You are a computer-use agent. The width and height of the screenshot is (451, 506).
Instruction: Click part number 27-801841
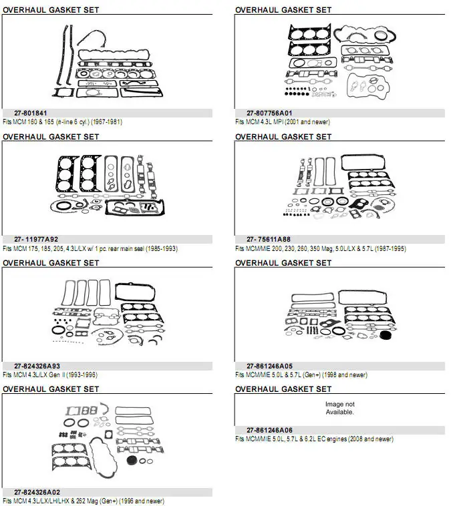(x=30, y=113)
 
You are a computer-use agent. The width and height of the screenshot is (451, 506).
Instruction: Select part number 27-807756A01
(x=269, y=113)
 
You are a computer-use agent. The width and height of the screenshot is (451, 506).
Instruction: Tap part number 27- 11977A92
(x=36, y=240)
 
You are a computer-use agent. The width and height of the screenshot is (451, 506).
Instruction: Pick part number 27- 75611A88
(x=268, y=240)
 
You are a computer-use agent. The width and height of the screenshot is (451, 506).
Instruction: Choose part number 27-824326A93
(x=37, y=366)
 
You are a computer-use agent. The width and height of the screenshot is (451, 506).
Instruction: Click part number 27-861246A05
(x=269, y=366)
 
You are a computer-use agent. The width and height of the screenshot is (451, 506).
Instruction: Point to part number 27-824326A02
(x=37, y=493)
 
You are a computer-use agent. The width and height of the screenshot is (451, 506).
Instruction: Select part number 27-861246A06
(x=269, y=431)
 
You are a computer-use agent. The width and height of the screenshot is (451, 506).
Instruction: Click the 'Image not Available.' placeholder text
(x=339, y=409)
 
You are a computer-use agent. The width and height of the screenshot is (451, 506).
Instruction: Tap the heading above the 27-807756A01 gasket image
(x=283, y=10)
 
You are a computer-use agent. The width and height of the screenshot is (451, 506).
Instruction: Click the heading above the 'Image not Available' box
(x=283, y=389)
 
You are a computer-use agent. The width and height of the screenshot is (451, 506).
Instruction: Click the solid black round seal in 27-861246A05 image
(x=386, y=335)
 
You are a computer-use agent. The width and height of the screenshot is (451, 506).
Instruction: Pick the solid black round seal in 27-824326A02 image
(x=132, y=461)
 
